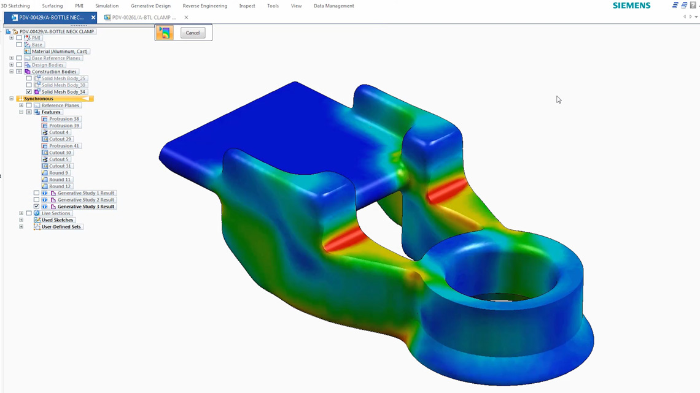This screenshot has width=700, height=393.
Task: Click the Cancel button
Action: click(193, 33)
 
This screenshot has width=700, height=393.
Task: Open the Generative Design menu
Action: click(150, 6)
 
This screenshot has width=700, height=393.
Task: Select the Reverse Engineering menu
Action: click(204, 6)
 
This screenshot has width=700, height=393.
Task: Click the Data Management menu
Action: click(333, 6)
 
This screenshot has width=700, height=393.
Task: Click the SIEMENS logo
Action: click(631, 6)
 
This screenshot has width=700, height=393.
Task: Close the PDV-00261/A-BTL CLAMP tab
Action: click(186, 18)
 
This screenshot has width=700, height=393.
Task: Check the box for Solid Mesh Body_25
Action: click(29, 78)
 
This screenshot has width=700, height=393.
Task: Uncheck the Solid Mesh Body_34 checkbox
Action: click(29, 92)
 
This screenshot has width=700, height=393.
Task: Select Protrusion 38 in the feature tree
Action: click(64, 119)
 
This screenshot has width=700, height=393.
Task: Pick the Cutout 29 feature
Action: click(60, 139)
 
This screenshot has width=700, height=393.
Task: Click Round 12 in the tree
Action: click(60, 186)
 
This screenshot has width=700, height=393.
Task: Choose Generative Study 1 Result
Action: click(85, 193)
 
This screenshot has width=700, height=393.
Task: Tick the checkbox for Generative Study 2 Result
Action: click(36, 200)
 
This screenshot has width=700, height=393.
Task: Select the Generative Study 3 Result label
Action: click(85, 207)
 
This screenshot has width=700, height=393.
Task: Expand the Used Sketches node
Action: click(21, 220)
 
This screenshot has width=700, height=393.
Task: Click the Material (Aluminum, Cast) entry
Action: click(60, 52)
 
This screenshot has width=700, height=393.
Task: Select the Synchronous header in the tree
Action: click(39, 99)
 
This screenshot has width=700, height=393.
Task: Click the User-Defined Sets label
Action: click(61, 227)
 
